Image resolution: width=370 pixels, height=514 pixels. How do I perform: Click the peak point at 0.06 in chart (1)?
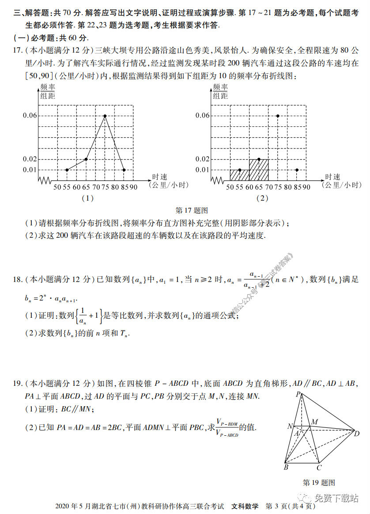click(105, 116)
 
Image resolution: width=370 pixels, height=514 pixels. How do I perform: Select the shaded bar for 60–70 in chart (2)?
click(259, 170)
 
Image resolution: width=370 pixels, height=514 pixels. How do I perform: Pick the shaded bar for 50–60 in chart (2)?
click(239, 175)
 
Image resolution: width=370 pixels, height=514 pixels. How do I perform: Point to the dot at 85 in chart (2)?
click(297, 170)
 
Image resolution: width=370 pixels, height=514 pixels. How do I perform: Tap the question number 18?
click(17, 279)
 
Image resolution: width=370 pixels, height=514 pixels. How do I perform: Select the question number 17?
click(17, 50)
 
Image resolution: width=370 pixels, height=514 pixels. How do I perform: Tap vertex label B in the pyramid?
click(286, 467)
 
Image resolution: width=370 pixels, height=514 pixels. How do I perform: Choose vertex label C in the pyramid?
click(319, 467)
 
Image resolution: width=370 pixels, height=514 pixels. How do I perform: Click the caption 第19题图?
click(319, 482)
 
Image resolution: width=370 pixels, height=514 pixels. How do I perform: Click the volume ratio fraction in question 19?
click(227, 427)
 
